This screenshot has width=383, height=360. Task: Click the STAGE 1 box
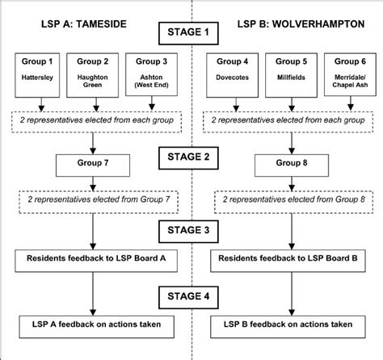click(x=188, y=33)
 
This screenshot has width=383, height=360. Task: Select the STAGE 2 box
click(x=188, y=158)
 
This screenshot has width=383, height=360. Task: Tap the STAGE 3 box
click(x=188, y=232)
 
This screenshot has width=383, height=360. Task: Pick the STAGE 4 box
click(x=188, y=297)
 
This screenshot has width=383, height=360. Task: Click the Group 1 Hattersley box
click(x=37, y=75)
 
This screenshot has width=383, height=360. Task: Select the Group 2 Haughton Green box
click(x=92, y=75)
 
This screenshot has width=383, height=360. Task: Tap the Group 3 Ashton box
click(x=151, y=74)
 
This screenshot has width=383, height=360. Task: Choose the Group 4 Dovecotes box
click(x=232, y=75)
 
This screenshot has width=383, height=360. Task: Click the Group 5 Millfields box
click(x=291, y=75)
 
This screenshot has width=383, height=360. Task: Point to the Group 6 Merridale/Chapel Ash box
click(x=350, y=74)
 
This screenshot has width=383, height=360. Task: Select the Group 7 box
click(x=93, y=165)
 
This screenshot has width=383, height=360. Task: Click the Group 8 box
click(x=292, y=165)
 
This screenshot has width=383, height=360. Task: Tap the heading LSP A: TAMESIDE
click(x=84, y=24)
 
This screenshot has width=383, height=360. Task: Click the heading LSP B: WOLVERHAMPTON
click(x=301, y=24)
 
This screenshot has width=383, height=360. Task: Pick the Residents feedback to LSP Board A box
click(x=96, y=261)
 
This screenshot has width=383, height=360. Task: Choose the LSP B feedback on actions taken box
click(x=288, y=327)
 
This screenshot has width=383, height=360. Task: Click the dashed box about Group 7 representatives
click(x=99, y=202)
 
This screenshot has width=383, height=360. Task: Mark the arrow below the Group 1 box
click(x=41, y=104)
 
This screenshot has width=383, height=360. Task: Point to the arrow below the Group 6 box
click(x=351, y=103)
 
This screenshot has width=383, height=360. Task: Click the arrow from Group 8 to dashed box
click(x=292, y=184)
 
